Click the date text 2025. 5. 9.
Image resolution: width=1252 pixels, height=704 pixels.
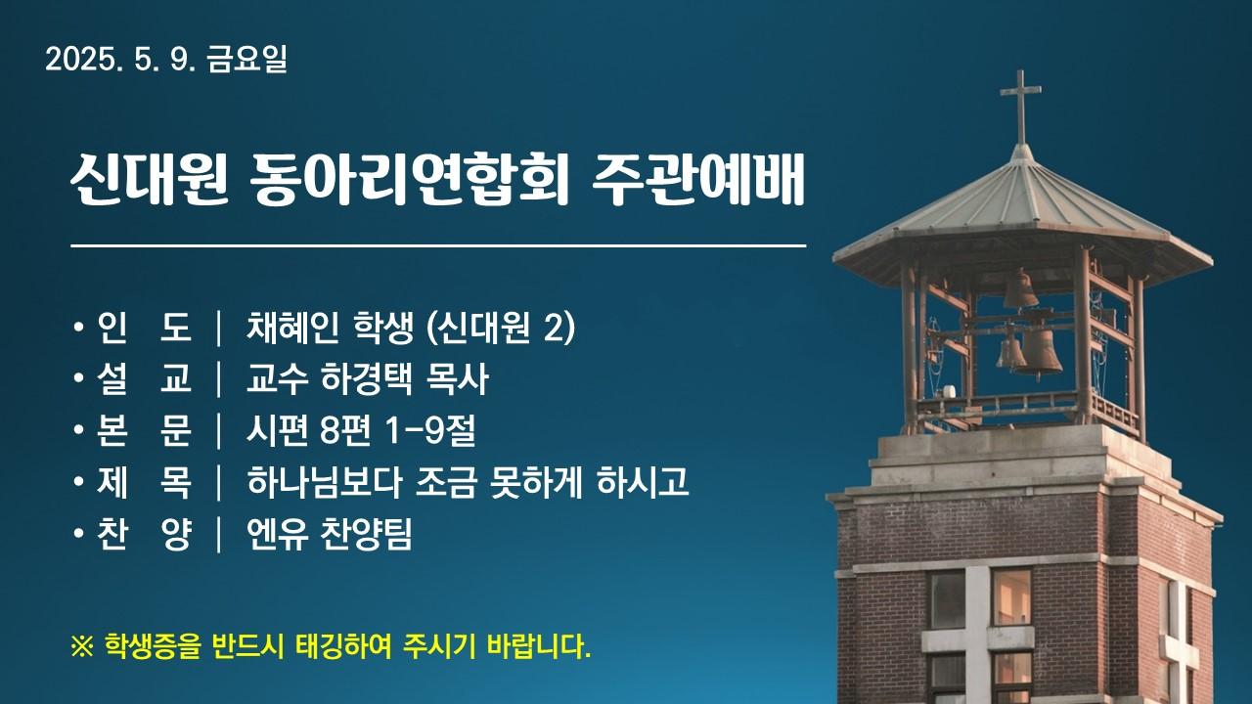(x=120, y=60)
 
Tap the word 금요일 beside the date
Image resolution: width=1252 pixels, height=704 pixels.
(x=247, y=60)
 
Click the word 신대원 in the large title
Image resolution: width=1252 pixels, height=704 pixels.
(x=151, y=179)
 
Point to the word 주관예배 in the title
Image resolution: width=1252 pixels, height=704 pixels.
(x=698, y=179)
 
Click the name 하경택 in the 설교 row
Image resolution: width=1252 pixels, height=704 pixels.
(x=367, y=378)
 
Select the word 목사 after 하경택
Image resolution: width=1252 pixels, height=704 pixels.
(x=457, y=378)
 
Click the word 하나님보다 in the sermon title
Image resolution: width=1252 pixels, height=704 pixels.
(x=324, y=482)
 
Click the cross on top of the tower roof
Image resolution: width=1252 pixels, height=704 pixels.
(x=1020, y=107)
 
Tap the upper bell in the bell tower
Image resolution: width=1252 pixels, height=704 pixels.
(x=1020, y=289)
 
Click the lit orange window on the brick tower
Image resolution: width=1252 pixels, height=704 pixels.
(x=1011, y=596)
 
